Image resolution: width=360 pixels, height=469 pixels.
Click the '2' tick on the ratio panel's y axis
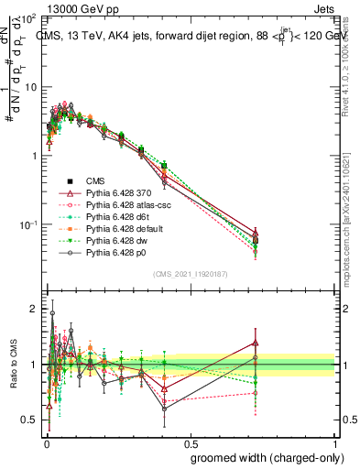(x=34, y=310)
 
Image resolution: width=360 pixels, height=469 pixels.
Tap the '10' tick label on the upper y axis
(x=29, y=86)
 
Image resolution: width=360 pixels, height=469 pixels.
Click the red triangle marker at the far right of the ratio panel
(x=256, y=344)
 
